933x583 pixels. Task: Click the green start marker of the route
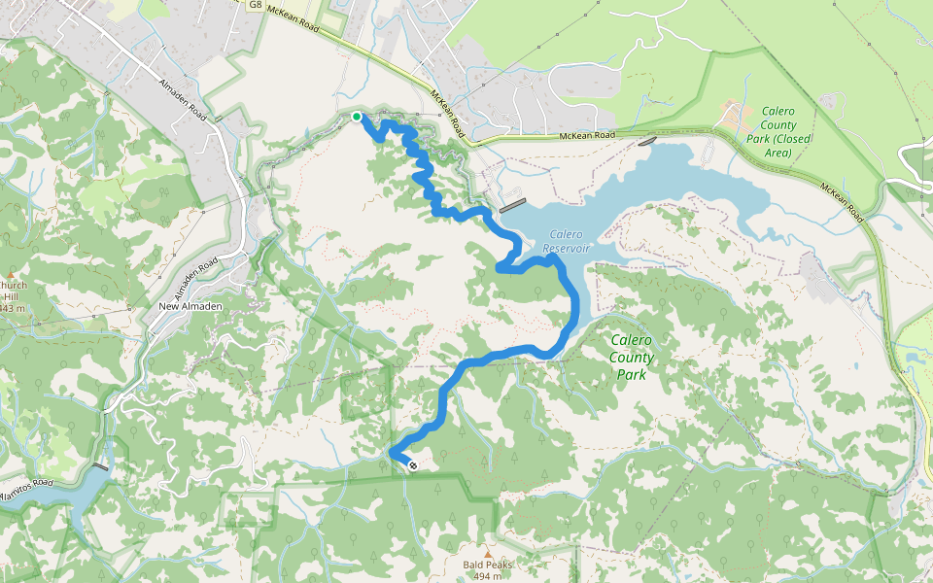(x=357, y=117)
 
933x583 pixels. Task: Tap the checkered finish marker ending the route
(x=414, y=466)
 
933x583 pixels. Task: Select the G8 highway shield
(x=255, y=5)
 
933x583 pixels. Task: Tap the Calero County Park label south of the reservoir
(x=631, y=357)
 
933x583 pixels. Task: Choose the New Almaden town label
(x=191, y=307)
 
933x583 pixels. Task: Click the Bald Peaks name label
(x=487, y=565)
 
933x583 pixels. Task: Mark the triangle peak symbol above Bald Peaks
(x=488, y=553)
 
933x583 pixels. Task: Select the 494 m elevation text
(x=487, y=576)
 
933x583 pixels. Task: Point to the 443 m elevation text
(x=12, y=308)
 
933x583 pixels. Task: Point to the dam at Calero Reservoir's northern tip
(x=647, y=141)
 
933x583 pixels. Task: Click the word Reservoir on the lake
(x=567, y=249)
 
